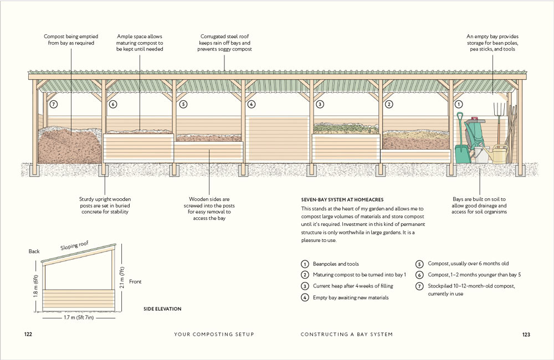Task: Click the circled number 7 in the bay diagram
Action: click(53, 104)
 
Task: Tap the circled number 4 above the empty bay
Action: click(251, 104)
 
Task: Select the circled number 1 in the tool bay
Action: click(459, 104)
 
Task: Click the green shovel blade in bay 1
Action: click(463, 154)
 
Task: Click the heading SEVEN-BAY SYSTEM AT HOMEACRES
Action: click(342, 199)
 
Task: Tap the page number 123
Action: click(526, 335)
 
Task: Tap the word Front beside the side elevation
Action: click(135, 282)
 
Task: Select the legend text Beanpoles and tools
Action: click(335, 264)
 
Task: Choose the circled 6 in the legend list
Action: click(420, 275)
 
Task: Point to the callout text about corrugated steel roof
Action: click(224, 43)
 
